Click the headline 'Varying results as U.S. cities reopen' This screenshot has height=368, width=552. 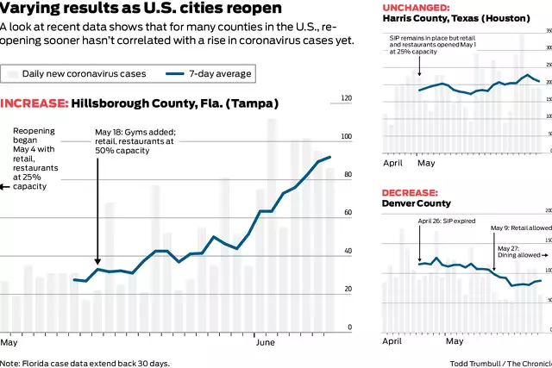pos(141,9)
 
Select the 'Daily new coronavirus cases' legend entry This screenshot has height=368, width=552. pos(84,74)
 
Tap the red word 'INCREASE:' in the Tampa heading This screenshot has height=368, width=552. pos(34,103)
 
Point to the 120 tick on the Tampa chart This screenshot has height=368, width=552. pos(347,99)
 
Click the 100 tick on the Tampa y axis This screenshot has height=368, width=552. pos(347,137)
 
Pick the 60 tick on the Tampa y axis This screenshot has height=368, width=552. pos(347,213)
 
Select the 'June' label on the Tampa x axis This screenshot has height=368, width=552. pos(268,342)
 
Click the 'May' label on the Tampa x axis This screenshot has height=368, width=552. pos(9,342)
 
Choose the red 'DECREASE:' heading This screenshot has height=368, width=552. pos(410,192)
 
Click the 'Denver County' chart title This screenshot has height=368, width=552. pos(417,204)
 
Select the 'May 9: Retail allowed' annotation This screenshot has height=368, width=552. pos(519,228)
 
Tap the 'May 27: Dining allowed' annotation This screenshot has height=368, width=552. pos(519,252)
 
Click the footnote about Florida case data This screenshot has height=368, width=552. pos(85,363)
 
